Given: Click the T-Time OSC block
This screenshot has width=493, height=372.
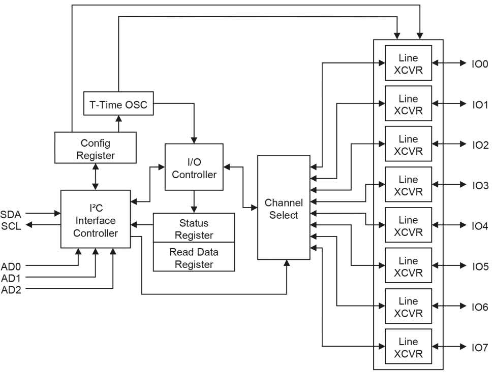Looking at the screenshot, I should click(x=118, y=105).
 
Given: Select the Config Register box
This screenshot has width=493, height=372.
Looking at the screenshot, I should click(x=95, y=148).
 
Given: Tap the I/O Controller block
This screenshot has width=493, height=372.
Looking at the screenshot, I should click(x=194, y=167).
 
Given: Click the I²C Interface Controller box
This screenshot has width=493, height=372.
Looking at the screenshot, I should click(x=96, y=219).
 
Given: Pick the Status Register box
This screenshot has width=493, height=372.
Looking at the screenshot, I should click(x=194, y=228).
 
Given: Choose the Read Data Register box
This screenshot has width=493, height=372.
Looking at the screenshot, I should click(x=194, y=257).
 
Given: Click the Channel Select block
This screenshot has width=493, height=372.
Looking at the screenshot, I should click(x=284, y=208).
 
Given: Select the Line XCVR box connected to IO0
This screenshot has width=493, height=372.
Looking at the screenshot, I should click(x=408, y=63).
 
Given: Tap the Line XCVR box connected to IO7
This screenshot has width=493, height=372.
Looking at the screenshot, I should click(x=408, y=347).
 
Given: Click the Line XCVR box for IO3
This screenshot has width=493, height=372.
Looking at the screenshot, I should click(x=408, y=185).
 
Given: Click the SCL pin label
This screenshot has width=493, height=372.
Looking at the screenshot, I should click(x=11, y=226).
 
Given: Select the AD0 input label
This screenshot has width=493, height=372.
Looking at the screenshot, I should click(x=11, y=265).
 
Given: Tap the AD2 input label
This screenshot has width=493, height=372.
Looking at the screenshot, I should click(x=11, y=290).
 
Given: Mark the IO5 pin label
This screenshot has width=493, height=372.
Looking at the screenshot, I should click(x=480, y=266).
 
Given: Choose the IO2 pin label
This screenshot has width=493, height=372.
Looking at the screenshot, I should click(x=480, y=145).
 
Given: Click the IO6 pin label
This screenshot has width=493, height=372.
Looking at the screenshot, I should click(x=480, y=307).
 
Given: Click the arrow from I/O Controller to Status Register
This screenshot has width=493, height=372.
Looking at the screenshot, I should click(x=194, y=201).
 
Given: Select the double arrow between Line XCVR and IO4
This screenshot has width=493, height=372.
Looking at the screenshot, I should click(x=449, y=225).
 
